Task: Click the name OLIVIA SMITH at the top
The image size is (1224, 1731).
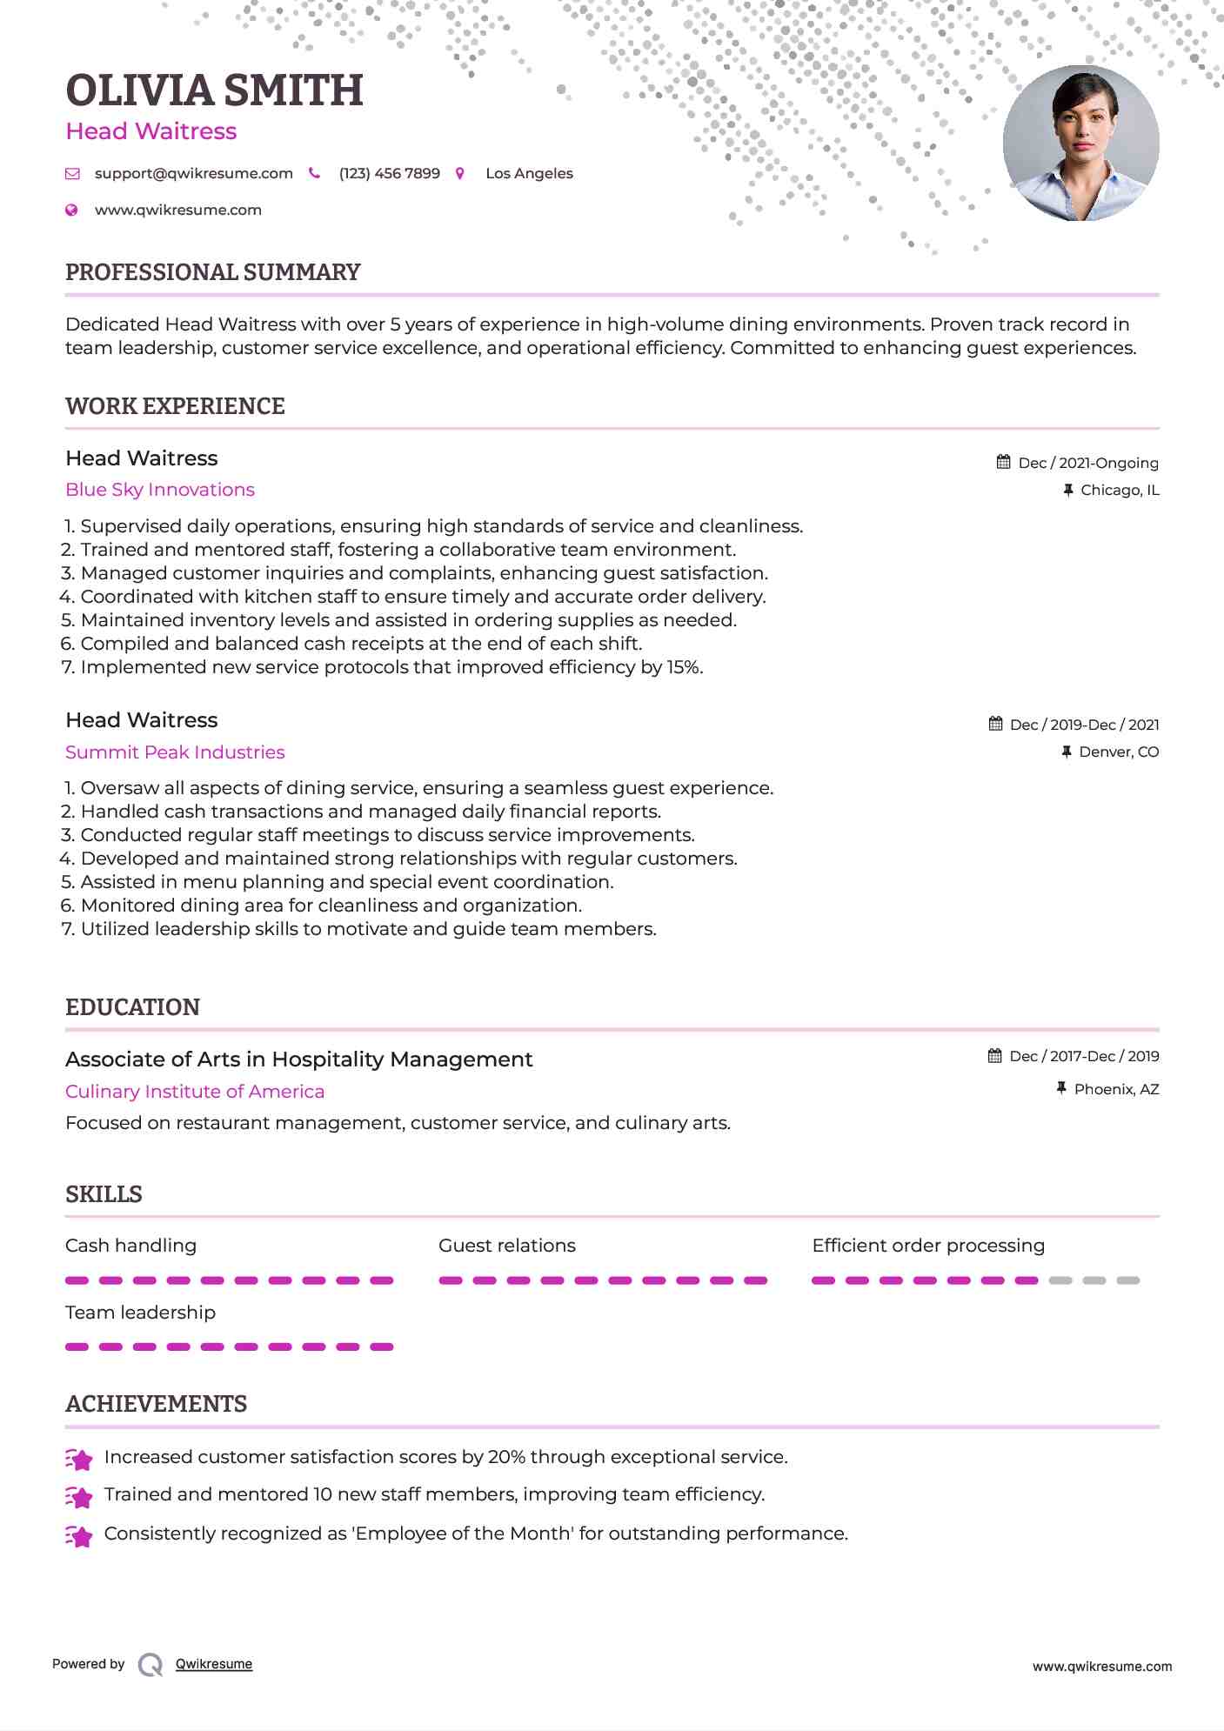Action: (214, 90)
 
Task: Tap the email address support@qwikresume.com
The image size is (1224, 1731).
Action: (193, 174)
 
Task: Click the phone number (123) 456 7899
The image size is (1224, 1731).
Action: (389, 174)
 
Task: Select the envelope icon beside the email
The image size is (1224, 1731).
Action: (72, 174)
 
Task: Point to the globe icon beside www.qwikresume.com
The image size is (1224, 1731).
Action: (72, 211)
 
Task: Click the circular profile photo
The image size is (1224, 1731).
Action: (1080, 144)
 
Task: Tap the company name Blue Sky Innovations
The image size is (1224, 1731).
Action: (160, 490)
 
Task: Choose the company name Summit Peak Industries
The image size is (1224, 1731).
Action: (175, 752)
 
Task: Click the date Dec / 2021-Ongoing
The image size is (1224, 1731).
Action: (1087, 463)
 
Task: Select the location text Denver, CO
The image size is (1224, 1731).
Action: (1119, 752)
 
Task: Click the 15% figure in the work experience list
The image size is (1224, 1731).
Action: (684, 667)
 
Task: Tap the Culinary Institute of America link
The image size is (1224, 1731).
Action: (195, 1092)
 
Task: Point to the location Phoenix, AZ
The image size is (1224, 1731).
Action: (1116, 1089)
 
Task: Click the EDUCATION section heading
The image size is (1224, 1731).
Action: (132, 1007)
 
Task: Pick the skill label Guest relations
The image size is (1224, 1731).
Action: (506, 1246)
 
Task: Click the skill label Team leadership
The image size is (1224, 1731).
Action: (140, 1313)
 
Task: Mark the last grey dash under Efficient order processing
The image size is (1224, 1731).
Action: (1127, 1280)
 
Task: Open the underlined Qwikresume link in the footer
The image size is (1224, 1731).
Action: (214, 1664)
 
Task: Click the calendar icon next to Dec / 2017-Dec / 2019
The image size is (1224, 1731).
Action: (995, 1056)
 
